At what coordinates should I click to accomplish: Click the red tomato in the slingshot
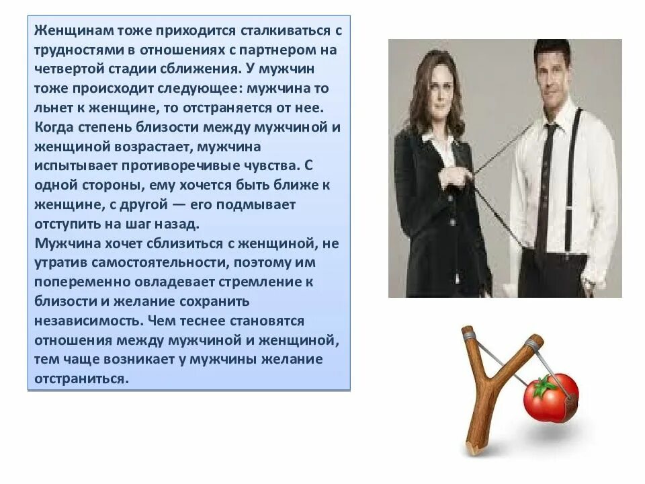(x=550, y=399)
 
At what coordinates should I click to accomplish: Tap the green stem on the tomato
(x=544, y=385)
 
